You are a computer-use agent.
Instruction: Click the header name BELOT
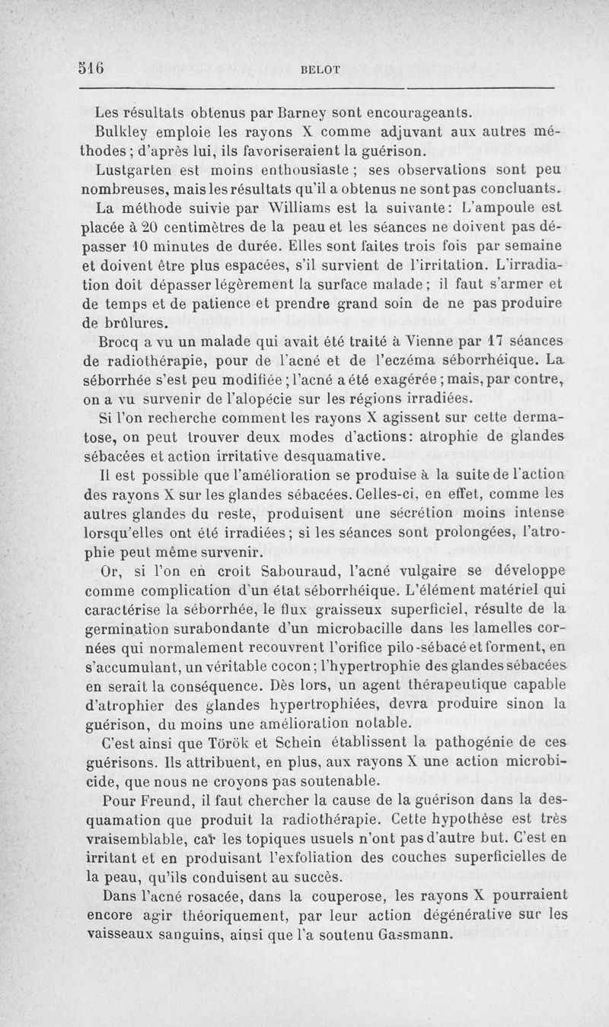tap(320, 68)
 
